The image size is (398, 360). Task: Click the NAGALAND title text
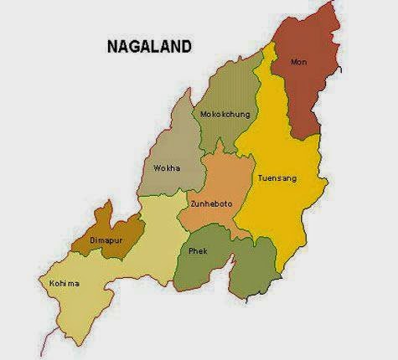click(150, 44)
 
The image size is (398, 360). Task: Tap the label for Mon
click(298, 62)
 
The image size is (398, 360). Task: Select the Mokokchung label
click(222, 115)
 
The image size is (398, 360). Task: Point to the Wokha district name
click(164, 168)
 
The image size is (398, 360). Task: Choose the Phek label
click(197, 250)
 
